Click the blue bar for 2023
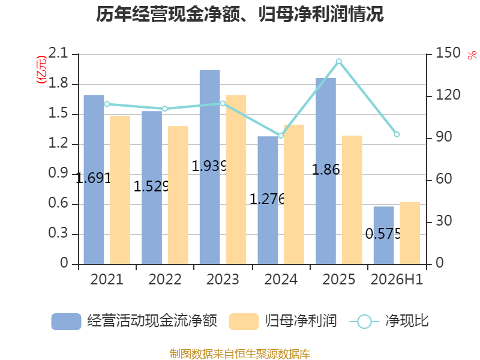click(x=209, y=167)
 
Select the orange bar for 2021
click(x=120, y=190)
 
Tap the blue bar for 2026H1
click(x=383, y=235)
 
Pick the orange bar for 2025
click(x=352, y=200)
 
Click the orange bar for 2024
click(x=294, y=194)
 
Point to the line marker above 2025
click(x=339, y=62)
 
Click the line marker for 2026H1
click(x=397, y=134)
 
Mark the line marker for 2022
click(x=165, y=109)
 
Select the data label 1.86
click(x=326, y=170)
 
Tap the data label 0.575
click(x=383, y=234)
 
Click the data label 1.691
click(x=93, y=178)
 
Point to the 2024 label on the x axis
click(x=281, y=280)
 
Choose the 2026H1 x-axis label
click(x=397, y=280)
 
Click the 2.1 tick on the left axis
click(x=58, y=53)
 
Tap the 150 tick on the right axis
click(x=448, y=53)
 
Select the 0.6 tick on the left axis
click(x=58, y=203)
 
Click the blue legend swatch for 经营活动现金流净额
click(x=66, y=322)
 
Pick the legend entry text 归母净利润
click(x=301, y=321)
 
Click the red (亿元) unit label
click(x=41, y=70)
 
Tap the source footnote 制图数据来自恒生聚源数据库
click(x=240, y=354)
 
